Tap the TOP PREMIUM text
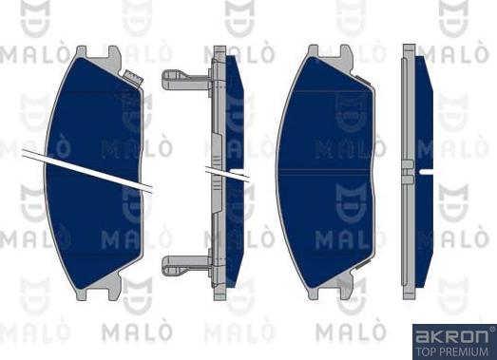pyautogui.click(x=453, y=351)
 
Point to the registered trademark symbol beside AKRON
pyautogui.click(x=490, y=330)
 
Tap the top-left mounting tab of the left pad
pyautogui.click(x=83, y=53)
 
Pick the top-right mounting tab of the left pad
pyautogui.click(x=113, y=52)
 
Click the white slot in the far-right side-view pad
pyautogui.click(x=426, y=171)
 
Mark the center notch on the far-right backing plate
pyautogui.click(x=408, y=171)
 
